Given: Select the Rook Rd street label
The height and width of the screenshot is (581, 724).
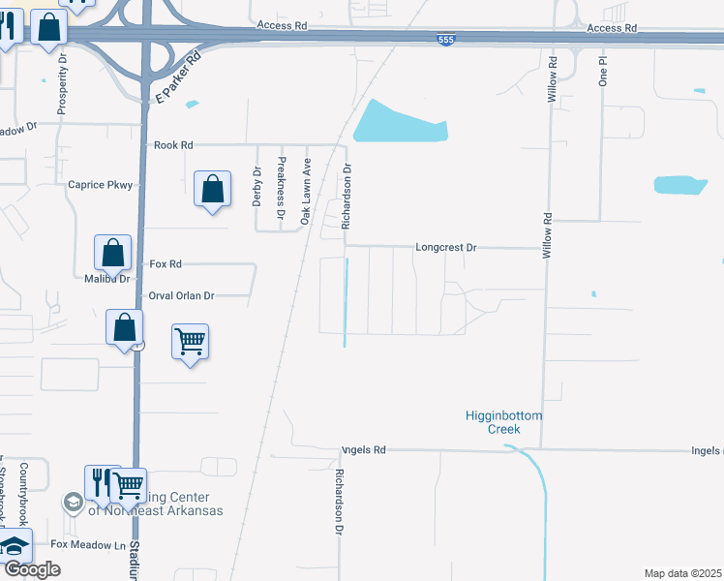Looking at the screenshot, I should click(173, 145).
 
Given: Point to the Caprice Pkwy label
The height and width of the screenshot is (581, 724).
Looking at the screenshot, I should click(99, 184).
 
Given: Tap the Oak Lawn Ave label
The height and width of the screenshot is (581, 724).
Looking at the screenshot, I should click(305, 191).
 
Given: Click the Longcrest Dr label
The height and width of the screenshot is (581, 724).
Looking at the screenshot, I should click(446, 247).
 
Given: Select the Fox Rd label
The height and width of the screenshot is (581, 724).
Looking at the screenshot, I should click(166, 263).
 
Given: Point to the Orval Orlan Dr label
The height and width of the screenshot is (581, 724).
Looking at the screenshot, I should click(180, 295).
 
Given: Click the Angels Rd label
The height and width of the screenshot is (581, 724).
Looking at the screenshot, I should click(363, 450).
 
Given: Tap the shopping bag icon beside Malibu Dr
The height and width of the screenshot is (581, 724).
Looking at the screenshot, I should click(112, 254).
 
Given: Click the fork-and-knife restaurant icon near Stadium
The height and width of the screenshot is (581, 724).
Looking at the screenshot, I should click(99, 482).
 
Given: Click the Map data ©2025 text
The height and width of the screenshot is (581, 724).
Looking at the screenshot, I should click(682, 573).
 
